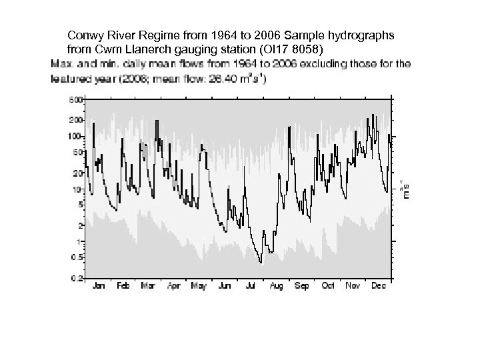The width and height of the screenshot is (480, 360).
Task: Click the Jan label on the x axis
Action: point(97,286)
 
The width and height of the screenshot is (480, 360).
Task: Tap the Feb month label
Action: point(123,286)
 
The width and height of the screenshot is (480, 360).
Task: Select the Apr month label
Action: point(173,286)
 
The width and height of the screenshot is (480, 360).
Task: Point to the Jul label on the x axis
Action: point(251,286)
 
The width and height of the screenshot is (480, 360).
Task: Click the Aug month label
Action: point(277,286)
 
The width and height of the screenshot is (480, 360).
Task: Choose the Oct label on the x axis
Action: point(328,286)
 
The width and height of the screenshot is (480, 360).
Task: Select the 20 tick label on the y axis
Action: point(77,173)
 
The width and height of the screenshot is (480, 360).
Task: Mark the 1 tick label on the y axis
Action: point(80,241)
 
